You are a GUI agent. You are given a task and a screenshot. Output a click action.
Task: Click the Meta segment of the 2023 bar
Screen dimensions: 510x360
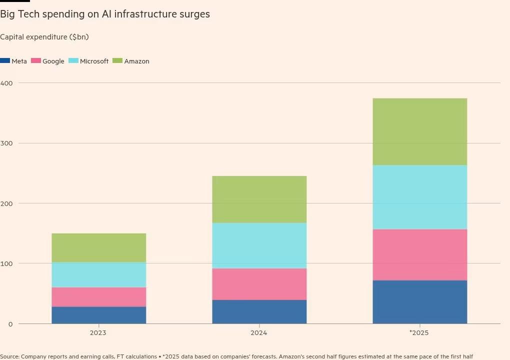[x=99, y=315]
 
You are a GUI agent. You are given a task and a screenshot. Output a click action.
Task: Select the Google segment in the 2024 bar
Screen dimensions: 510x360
[x=259, y=284]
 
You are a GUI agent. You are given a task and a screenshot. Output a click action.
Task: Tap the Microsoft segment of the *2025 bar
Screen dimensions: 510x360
[x=420, y=197]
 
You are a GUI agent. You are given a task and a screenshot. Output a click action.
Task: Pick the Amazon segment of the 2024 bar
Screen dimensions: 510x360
[x=259, y=199]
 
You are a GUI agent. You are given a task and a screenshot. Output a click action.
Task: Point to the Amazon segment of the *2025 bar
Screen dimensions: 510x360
[x=420, y=131]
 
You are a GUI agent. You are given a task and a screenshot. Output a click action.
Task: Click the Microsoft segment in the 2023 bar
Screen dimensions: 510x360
[x=99, y=275]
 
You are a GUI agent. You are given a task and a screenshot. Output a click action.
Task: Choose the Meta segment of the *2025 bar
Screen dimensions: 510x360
[x=420, y=302]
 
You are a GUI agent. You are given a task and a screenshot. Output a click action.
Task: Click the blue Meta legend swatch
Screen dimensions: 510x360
[x=5, y=60]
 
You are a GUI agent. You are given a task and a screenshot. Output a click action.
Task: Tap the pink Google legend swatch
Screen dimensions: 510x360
[x=36, y=60]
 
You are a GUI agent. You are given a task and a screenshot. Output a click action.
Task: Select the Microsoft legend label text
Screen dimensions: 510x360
[x=94, y=61]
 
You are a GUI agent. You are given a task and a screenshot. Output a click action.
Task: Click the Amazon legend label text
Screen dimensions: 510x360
[x=136, y=61]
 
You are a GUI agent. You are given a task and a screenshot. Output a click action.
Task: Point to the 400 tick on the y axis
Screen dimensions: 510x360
[x=6, y=83]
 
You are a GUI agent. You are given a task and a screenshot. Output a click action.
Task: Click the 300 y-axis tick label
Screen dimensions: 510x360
[x=6, y=143]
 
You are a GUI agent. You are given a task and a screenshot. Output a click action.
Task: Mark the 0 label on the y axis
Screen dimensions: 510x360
[x=10, y=324]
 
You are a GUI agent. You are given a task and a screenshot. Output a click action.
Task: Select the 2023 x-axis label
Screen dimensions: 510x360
[x=98, y=332]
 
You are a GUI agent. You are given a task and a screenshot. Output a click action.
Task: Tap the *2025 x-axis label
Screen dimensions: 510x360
[x=419, y=332]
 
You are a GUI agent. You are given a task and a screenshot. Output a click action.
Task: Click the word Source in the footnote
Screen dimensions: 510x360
[x=9, y=356]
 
